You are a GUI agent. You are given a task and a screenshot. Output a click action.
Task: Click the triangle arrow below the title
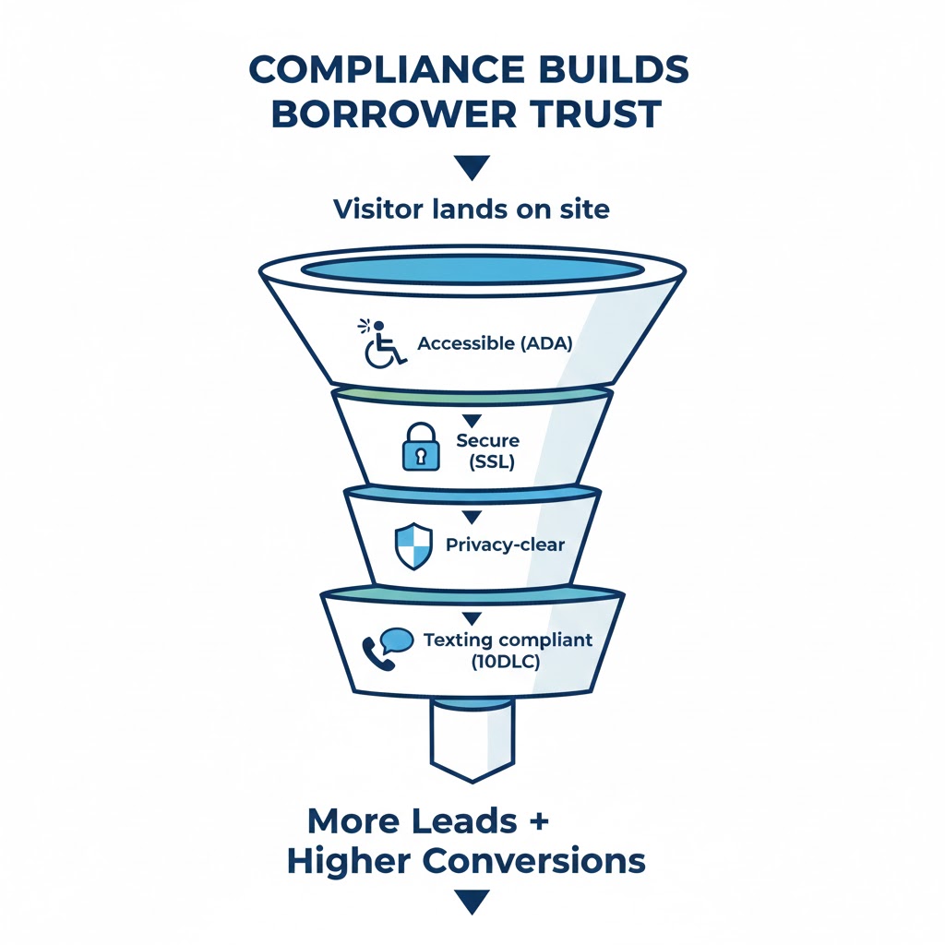pos(472,167)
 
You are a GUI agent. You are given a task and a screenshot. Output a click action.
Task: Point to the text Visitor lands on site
pos(472,209)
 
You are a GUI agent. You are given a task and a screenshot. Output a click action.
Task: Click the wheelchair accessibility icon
pos(383,344)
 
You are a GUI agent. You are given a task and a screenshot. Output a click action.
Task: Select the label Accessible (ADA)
pos(496,343)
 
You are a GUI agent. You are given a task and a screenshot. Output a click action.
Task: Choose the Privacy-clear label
pos(505,544)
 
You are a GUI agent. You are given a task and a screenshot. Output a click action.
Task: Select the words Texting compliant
pos(507,640)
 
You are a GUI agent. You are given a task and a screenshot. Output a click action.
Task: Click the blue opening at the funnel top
pos(472,269)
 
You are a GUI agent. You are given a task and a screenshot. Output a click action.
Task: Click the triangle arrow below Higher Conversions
pos(472,902)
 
